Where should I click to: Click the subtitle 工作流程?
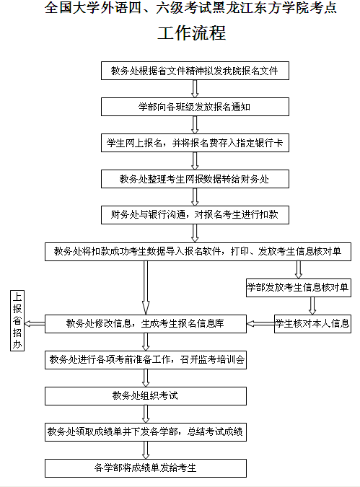(192, 33)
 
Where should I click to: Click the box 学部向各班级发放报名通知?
(195, 107)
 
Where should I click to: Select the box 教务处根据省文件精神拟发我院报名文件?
(195, 71)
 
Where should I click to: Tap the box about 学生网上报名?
(195, 143)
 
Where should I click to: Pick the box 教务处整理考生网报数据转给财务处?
(195, 179)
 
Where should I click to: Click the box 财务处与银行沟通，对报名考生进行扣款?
(195, 215)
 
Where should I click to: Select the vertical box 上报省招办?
(17, 320)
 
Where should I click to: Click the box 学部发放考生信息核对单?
(299, 288)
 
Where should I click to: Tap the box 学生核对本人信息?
(312, 324)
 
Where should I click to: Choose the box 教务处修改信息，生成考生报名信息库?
(146, 324)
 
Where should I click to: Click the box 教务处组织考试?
(146, 396)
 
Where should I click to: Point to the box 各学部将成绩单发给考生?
(146, 468)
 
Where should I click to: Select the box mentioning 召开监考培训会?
(146, 360)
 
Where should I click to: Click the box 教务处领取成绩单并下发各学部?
(146, 432)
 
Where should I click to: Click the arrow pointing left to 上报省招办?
(35, 324)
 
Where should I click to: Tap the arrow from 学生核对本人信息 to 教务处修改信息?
(260, 324)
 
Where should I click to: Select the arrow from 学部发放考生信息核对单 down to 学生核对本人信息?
(312, 306)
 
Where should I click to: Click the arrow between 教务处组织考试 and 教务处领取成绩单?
(146, 414)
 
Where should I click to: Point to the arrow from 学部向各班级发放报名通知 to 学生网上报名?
(195, 125)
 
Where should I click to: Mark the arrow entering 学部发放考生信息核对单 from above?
(299, 270)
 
